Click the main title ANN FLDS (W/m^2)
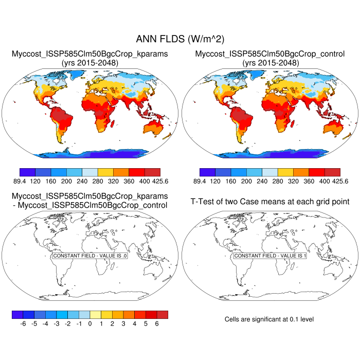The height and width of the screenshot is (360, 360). (x=180, y=39)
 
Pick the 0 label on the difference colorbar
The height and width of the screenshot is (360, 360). (x=90, y=324)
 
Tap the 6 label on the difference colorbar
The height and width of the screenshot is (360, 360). (x=157, y=324)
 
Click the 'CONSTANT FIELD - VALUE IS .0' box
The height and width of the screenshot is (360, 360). (x=90, y=256)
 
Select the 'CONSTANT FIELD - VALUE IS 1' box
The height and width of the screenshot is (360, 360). (x=270, y=256)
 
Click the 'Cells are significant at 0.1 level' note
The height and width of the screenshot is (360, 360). (x=269, y=319)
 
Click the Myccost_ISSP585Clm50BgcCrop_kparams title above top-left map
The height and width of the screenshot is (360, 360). (x=90, y=53)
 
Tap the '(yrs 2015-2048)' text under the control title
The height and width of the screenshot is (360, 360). (x=270, y=63)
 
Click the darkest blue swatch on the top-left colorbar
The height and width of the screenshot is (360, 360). (x=27, y=172)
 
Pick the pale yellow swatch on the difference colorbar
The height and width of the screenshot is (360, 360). (x=95, y=314)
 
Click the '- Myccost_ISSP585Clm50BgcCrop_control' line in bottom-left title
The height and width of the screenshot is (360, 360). (x=90, y=206)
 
